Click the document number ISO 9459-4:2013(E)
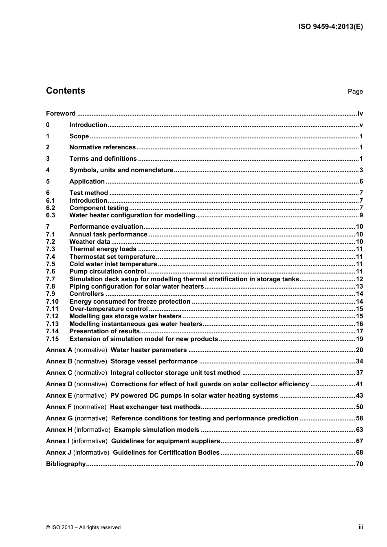click(330, 26)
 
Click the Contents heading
click(66, 91)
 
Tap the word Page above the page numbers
click(355, 92)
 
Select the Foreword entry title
click(61, 114)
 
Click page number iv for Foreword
click(360, 114)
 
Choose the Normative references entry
click(102, 147)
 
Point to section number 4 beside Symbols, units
click(48, 170)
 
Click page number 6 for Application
click(361, 182)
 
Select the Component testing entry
click(99, 208)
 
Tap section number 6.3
click(51, 215)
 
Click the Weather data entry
click(90, 242)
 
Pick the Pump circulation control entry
click(108, 271)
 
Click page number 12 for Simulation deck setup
click(359, 279)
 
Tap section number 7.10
click(52, 302)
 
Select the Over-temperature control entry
click(108, 309)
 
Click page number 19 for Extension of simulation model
click(359, 339)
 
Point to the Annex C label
click(59, 373)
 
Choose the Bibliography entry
click(66, 464)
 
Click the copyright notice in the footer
click(84, 527)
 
